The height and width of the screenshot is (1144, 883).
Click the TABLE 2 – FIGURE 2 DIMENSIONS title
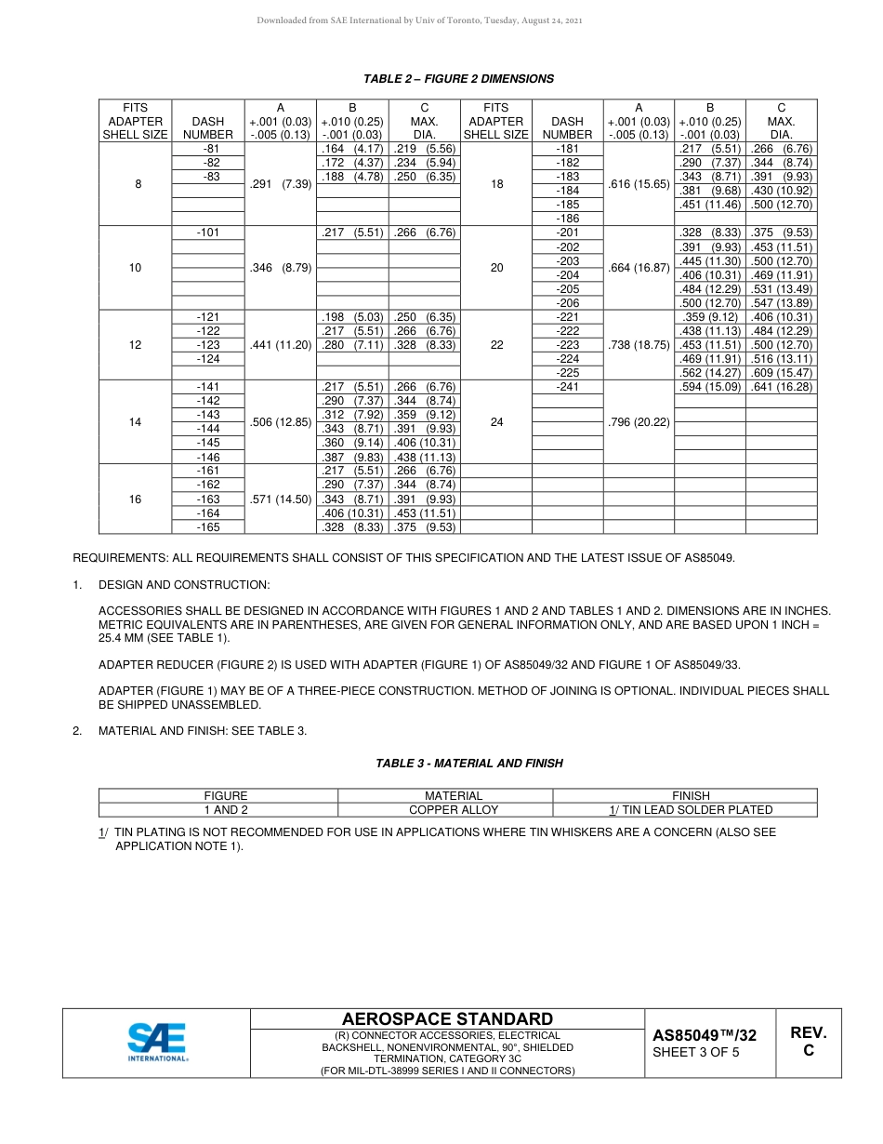tap(458, 79)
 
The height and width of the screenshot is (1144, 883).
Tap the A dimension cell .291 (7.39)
tap(281, 184)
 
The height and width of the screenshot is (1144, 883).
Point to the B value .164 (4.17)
tap(352, 149)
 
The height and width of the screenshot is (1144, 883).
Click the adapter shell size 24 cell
tap(496, 422)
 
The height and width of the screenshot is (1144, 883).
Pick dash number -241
tap(567, 387)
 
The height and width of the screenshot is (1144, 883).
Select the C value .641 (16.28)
tap(781, 387)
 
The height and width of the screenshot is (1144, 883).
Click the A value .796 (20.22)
tap(639, 422)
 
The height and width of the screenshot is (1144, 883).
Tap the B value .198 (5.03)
tap(352, 317)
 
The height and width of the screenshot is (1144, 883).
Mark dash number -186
tap(567, 219)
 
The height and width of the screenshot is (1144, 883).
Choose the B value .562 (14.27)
tap(710, 373)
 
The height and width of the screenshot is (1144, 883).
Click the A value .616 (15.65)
tap(639, 184)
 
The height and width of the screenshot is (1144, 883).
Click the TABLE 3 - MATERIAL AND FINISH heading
tap(469, 764)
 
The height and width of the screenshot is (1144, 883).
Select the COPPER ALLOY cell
tap(454, 810)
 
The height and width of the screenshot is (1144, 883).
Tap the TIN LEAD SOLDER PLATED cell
tap(691, 810)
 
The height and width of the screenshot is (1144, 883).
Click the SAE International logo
tap(157, 1042)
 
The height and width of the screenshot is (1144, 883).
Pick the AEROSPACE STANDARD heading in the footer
tap(447, 1019)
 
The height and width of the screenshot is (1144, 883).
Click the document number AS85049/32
tap(704, 1035)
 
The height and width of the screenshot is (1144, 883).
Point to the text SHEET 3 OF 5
tap(696, 1053)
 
